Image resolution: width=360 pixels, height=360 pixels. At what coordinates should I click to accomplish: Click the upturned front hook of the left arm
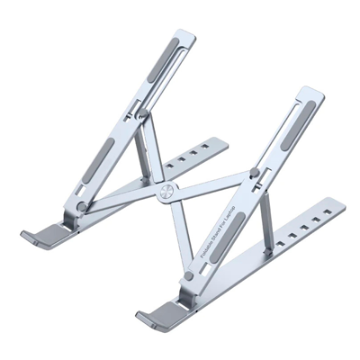click(x=41, y=238)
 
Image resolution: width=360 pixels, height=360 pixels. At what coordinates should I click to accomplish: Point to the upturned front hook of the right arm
click(x=155, y=314)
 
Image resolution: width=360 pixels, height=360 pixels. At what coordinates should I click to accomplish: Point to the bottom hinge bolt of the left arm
click(x=82, y=206)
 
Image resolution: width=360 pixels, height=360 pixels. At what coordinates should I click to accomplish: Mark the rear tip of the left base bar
click(x=224, y=141)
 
